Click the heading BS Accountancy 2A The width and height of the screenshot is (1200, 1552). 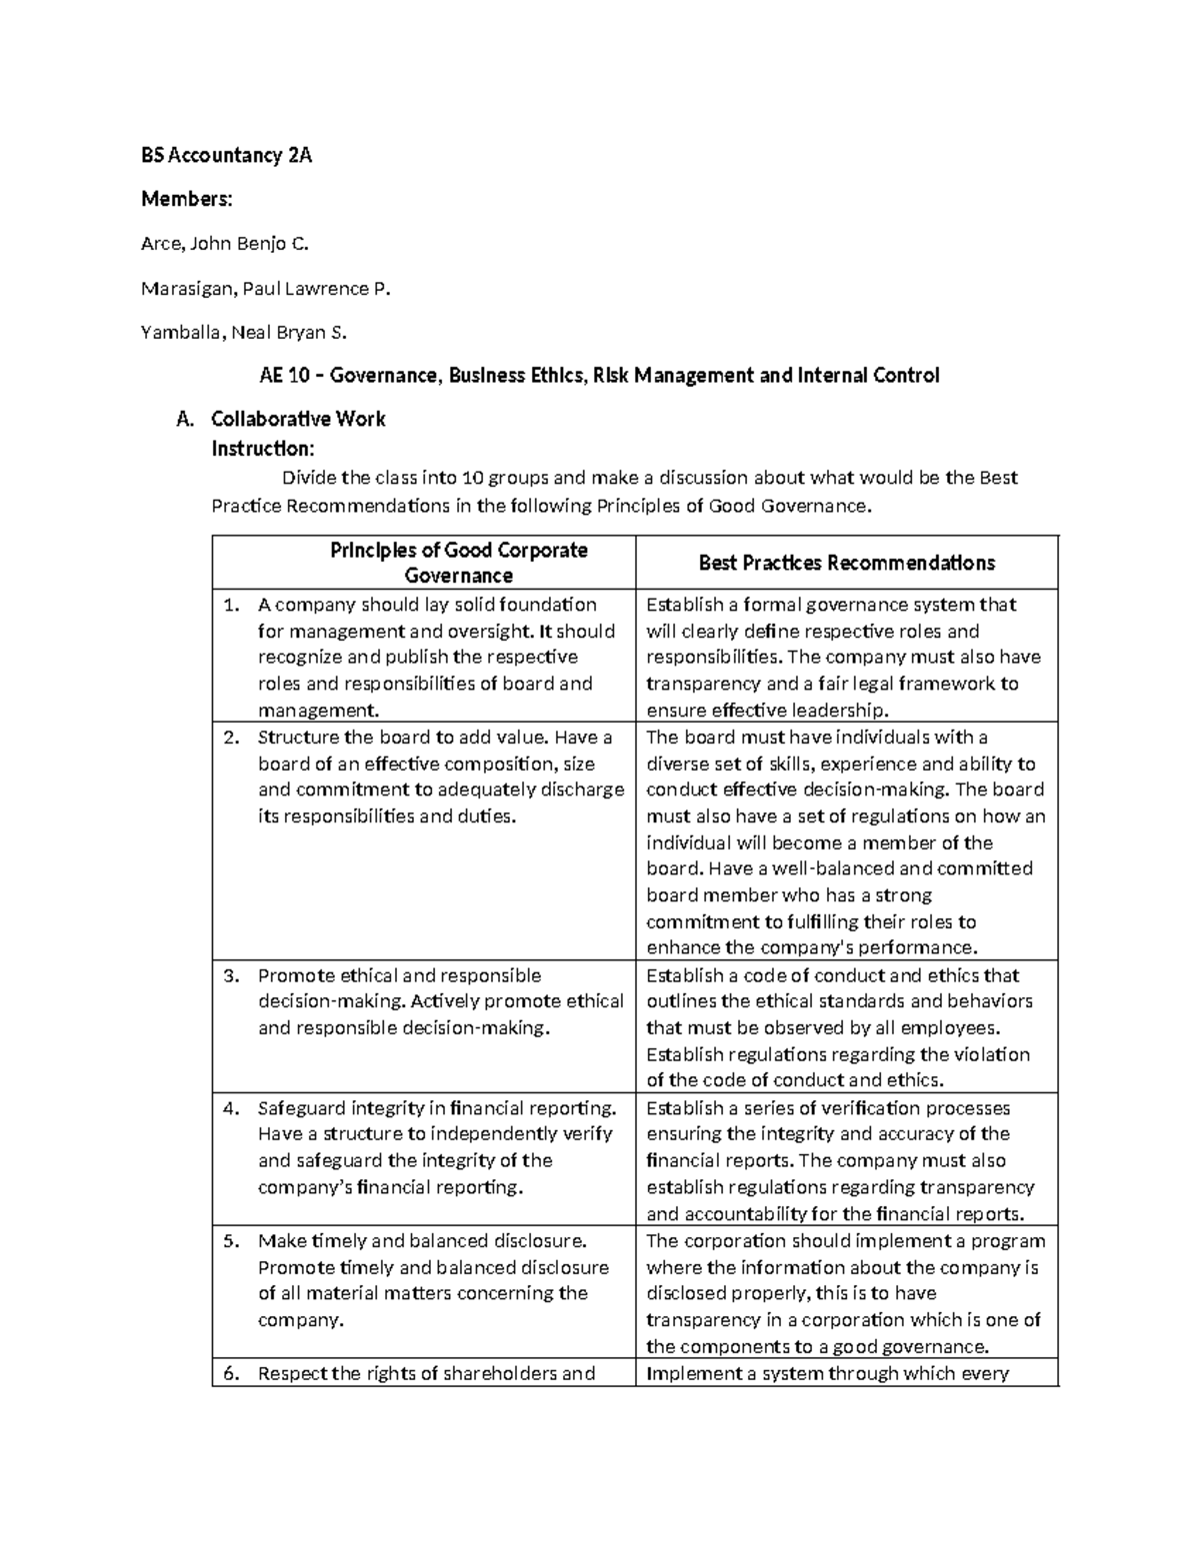pos(226,155)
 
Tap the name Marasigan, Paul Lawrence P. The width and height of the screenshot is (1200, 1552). pos(265,288)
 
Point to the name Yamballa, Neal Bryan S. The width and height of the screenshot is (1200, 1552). pos(244,332)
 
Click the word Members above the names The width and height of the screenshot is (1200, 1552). pos(186,199)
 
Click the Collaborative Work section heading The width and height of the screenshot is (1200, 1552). pos(298,419)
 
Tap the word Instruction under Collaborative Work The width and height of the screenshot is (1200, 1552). pos(263,448)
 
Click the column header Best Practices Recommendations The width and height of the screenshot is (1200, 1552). pos(846,563)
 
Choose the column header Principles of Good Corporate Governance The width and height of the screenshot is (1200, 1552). pos(459,563)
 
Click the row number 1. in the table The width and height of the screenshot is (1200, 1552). pos(232,605)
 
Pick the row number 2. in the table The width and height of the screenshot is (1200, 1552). pos(232,738)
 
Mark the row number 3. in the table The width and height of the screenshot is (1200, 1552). pos(232,975)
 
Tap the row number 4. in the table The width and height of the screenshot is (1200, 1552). pos(232,1108)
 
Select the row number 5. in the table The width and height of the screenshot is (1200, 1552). pos(232,1241)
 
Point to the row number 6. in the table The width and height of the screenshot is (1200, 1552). pos(232,1373)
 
